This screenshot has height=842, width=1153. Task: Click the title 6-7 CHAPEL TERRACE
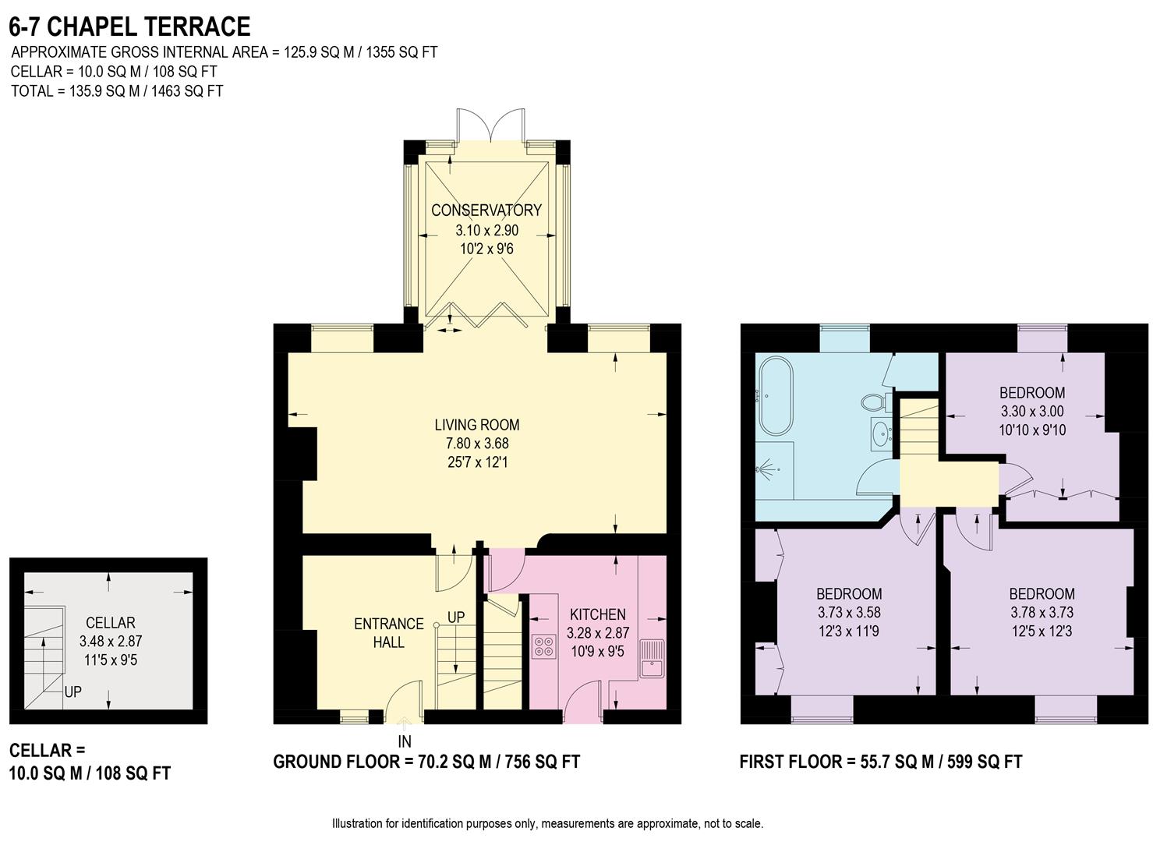129,27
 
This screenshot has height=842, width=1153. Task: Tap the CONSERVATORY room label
486,210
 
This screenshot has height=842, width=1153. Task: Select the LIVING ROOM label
476,425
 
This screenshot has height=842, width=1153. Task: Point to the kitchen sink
651,658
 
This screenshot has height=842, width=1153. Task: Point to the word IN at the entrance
404,741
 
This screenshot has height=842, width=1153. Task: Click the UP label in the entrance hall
456,617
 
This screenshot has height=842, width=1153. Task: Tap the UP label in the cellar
73,692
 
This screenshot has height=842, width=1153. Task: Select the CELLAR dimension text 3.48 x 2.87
111,642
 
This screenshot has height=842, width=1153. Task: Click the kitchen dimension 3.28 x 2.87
597,633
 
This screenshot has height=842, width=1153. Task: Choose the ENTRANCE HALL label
388,633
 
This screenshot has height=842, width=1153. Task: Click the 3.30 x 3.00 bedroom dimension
1032,412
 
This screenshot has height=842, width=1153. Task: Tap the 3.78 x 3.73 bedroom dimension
1042,613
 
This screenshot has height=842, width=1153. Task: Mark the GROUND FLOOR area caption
426,762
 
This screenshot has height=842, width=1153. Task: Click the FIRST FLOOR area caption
880,762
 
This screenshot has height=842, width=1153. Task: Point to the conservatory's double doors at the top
489,125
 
